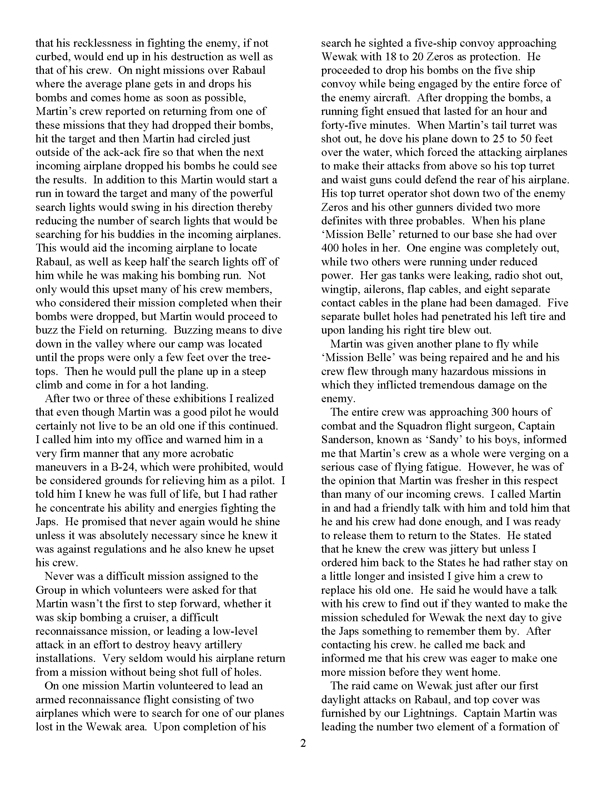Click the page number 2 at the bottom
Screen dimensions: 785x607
coord(303,743)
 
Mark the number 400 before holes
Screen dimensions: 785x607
coord(331,248)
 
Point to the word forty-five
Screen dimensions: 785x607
coord(344,125)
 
